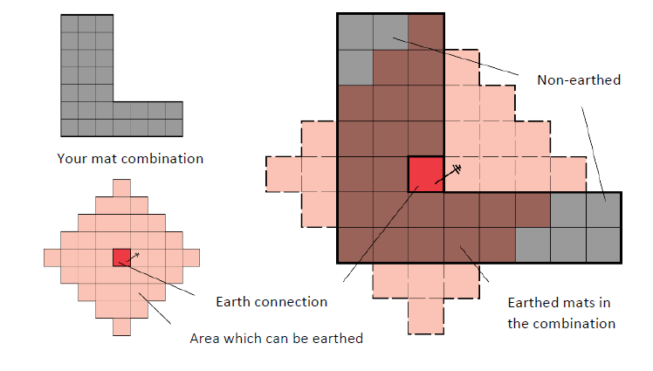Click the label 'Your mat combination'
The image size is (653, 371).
click(130, 159)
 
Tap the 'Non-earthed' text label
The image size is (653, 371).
click(579, 80)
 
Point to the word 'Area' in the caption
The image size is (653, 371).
click(203, 338)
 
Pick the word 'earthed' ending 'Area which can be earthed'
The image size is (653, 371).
click(337, 338)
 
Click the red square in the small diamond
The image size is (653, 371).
click(121, 258)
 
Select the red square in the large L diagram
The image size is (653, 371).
click(426, 175)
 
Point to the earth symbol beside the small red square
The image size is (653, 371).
click(133, 258)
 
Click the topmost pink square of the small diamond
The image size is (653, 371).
click(121, 189)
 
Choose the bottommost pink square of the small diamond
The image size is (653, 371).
click(121, 326)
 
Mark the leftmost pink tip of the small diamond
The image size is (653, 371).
click(52, 258)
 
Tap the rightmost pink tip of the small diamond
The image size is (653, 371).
click(191, 258)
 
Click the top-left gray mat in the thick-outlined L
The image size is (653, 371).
click(355, 31)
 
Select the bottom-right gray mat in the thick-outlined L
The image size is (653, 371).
click(604, 245)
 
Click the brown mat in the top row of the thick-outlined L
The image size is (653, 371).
click(426, 31)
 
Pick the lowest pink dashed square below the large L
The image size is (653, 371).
click(426, 316)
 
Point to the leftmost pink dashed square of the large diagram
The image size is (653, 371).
click(283, 175)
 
